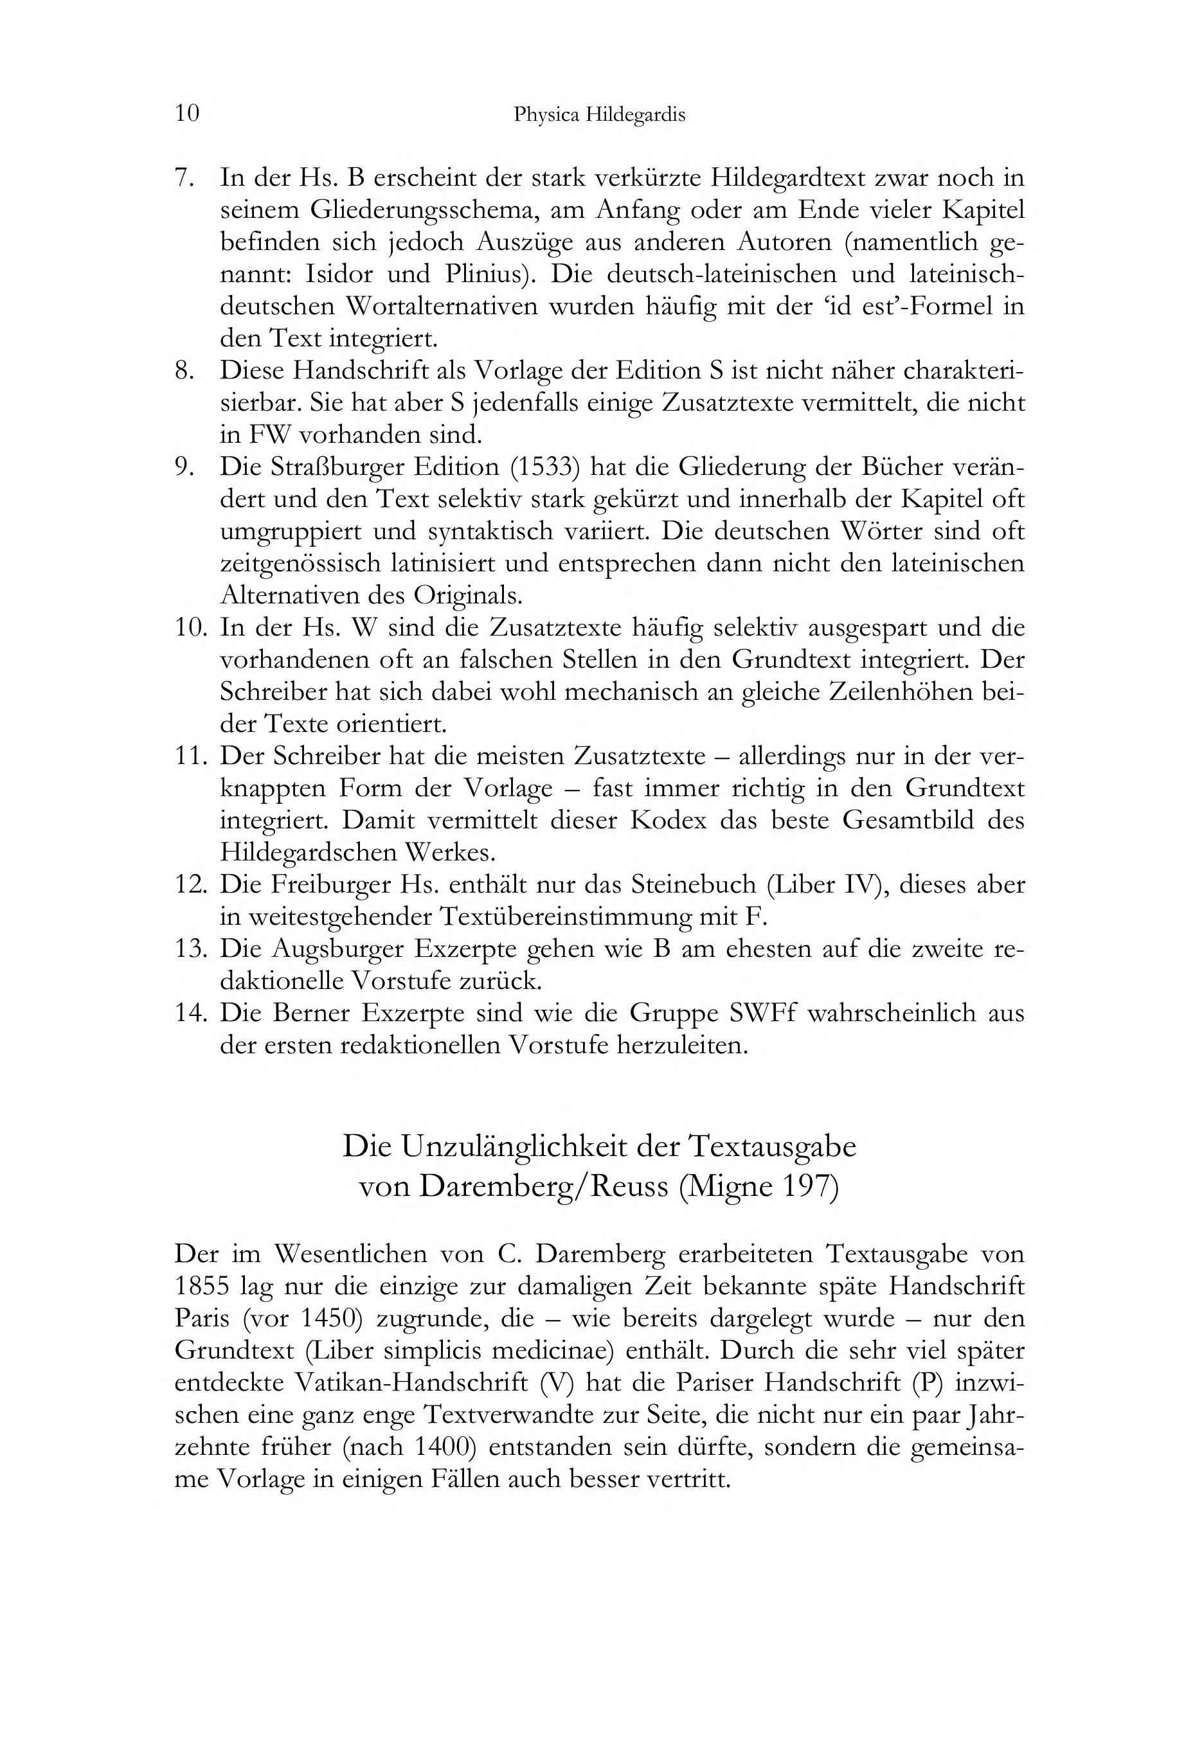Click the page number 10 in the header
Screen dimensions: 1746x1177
click(x=187, y=114)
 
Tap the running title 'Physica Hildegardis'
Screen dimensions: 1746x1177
click(x=599, y=116)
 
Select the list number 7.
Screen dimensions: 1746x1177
click(x=184, y=179)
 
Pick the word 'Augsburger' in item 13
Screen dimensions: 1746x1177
click(x=336, y=949)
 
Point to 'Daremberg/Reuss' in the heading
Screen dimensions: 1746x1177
click(x=543, y=1186)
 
